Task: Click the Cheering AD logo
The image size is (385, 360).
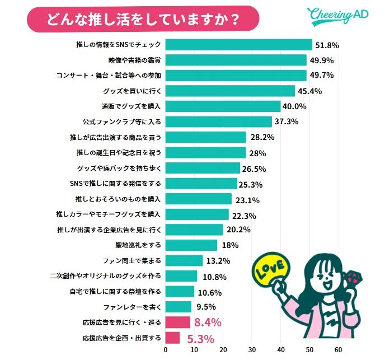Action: pyautogui.click(x=337, y=16)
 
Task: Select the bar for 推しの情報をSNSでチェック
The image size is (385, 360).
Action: pyautogui.click(x=238, y=45)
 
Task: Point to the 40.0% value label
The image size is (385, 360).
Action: pyautogui.click(x=295, y=106)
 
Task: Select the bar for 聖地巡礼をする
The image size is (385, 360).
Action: pyautogui.click(x=191, y=245)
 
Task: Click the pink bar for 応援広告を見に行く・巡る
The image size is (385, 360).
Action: pyautogui.click(x=178, y=322)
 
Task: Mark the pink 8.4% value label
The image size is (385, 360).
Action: pyautogui.click(x=208, y=322)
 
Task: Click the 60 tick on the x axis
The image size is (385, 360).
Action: pyautogui.click(x=338, y=350)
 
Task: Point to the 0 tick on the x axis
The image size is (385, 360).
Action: pyautogui.click(x=165, y=350)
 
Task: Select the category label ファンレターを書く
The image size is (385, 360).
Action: pyautogui.click(x=133, y=307)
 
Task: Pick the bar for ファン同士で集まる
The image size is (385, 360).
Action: pyautogui.click(x=184, y=260)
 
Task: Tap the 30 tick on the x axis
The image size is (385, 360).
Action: pyautogui.click(x=252, y=350)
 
